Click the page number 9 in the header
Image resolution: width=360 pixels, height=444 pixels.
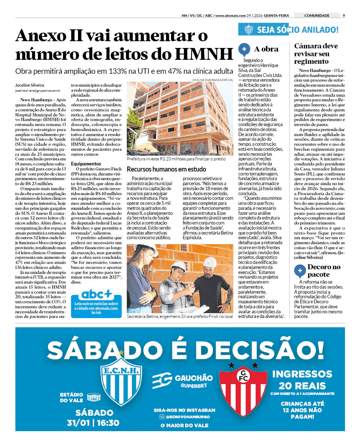point(344,15)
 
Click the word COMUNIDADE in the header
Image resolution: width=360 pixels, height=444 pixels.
point(317,15)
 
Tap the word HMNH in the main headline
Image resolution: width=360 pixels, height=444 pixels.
point(204,54)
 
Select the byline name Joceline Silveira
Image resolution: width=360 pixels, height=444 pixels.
point(30,85)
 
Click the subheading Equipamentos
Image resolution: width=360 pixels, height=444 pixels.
point(86,164)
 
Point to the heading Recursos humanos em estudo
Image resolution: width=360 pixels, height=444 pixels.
point(166,169)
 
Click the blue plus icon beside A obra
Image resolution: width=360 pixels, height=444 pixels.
point(244,49)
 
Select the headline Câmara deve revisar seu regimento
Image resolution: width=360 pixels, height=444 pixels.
point(316,54)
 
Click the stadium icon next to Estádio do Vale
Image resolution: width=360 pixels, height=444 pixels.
point(94,397)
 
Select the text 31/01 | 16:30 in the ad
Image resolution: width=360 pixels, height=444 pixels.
point(93,423)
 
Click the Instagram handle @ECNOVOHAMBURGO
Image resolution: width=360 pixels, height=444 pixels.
point(188,417)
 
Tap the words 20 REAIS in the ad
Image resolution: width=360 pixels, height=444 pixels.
point(302,386)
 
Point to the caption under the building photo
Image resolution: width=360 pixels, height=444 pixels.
point(176,159)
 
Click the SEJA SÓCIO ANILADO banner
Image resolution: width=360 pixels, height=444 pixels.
point(292,30)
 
